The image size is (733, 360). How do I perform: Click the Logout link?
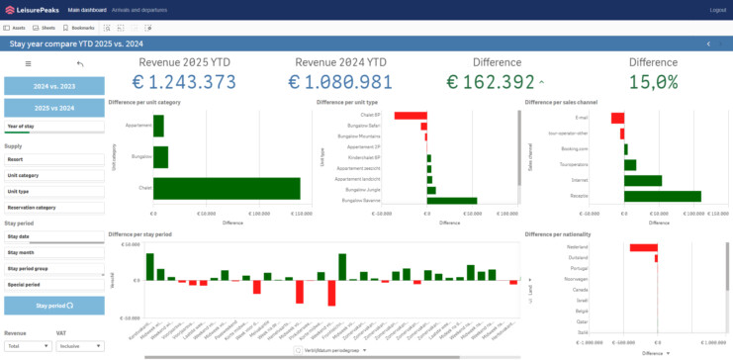717,10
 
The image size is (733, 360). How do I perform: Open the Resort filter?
53,158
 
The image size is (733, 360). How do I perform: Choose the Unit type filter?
53,191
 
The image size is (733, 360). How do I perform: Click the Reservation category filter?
53,208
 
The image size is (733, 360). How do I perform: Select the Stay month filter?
53,252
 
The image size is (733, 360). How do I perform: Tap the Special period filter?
53,284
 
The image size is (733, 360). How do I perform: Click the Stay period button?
53,307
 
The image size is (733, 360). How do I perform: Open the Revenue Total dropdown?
27,345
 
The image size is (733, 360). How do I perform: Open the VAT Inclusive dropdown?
79,345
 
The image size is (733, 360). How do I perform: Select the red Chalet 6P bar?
410,116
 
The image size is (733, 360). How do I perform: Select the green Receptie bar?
662,196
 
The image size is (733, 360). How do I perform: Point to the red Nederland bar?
642,247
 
